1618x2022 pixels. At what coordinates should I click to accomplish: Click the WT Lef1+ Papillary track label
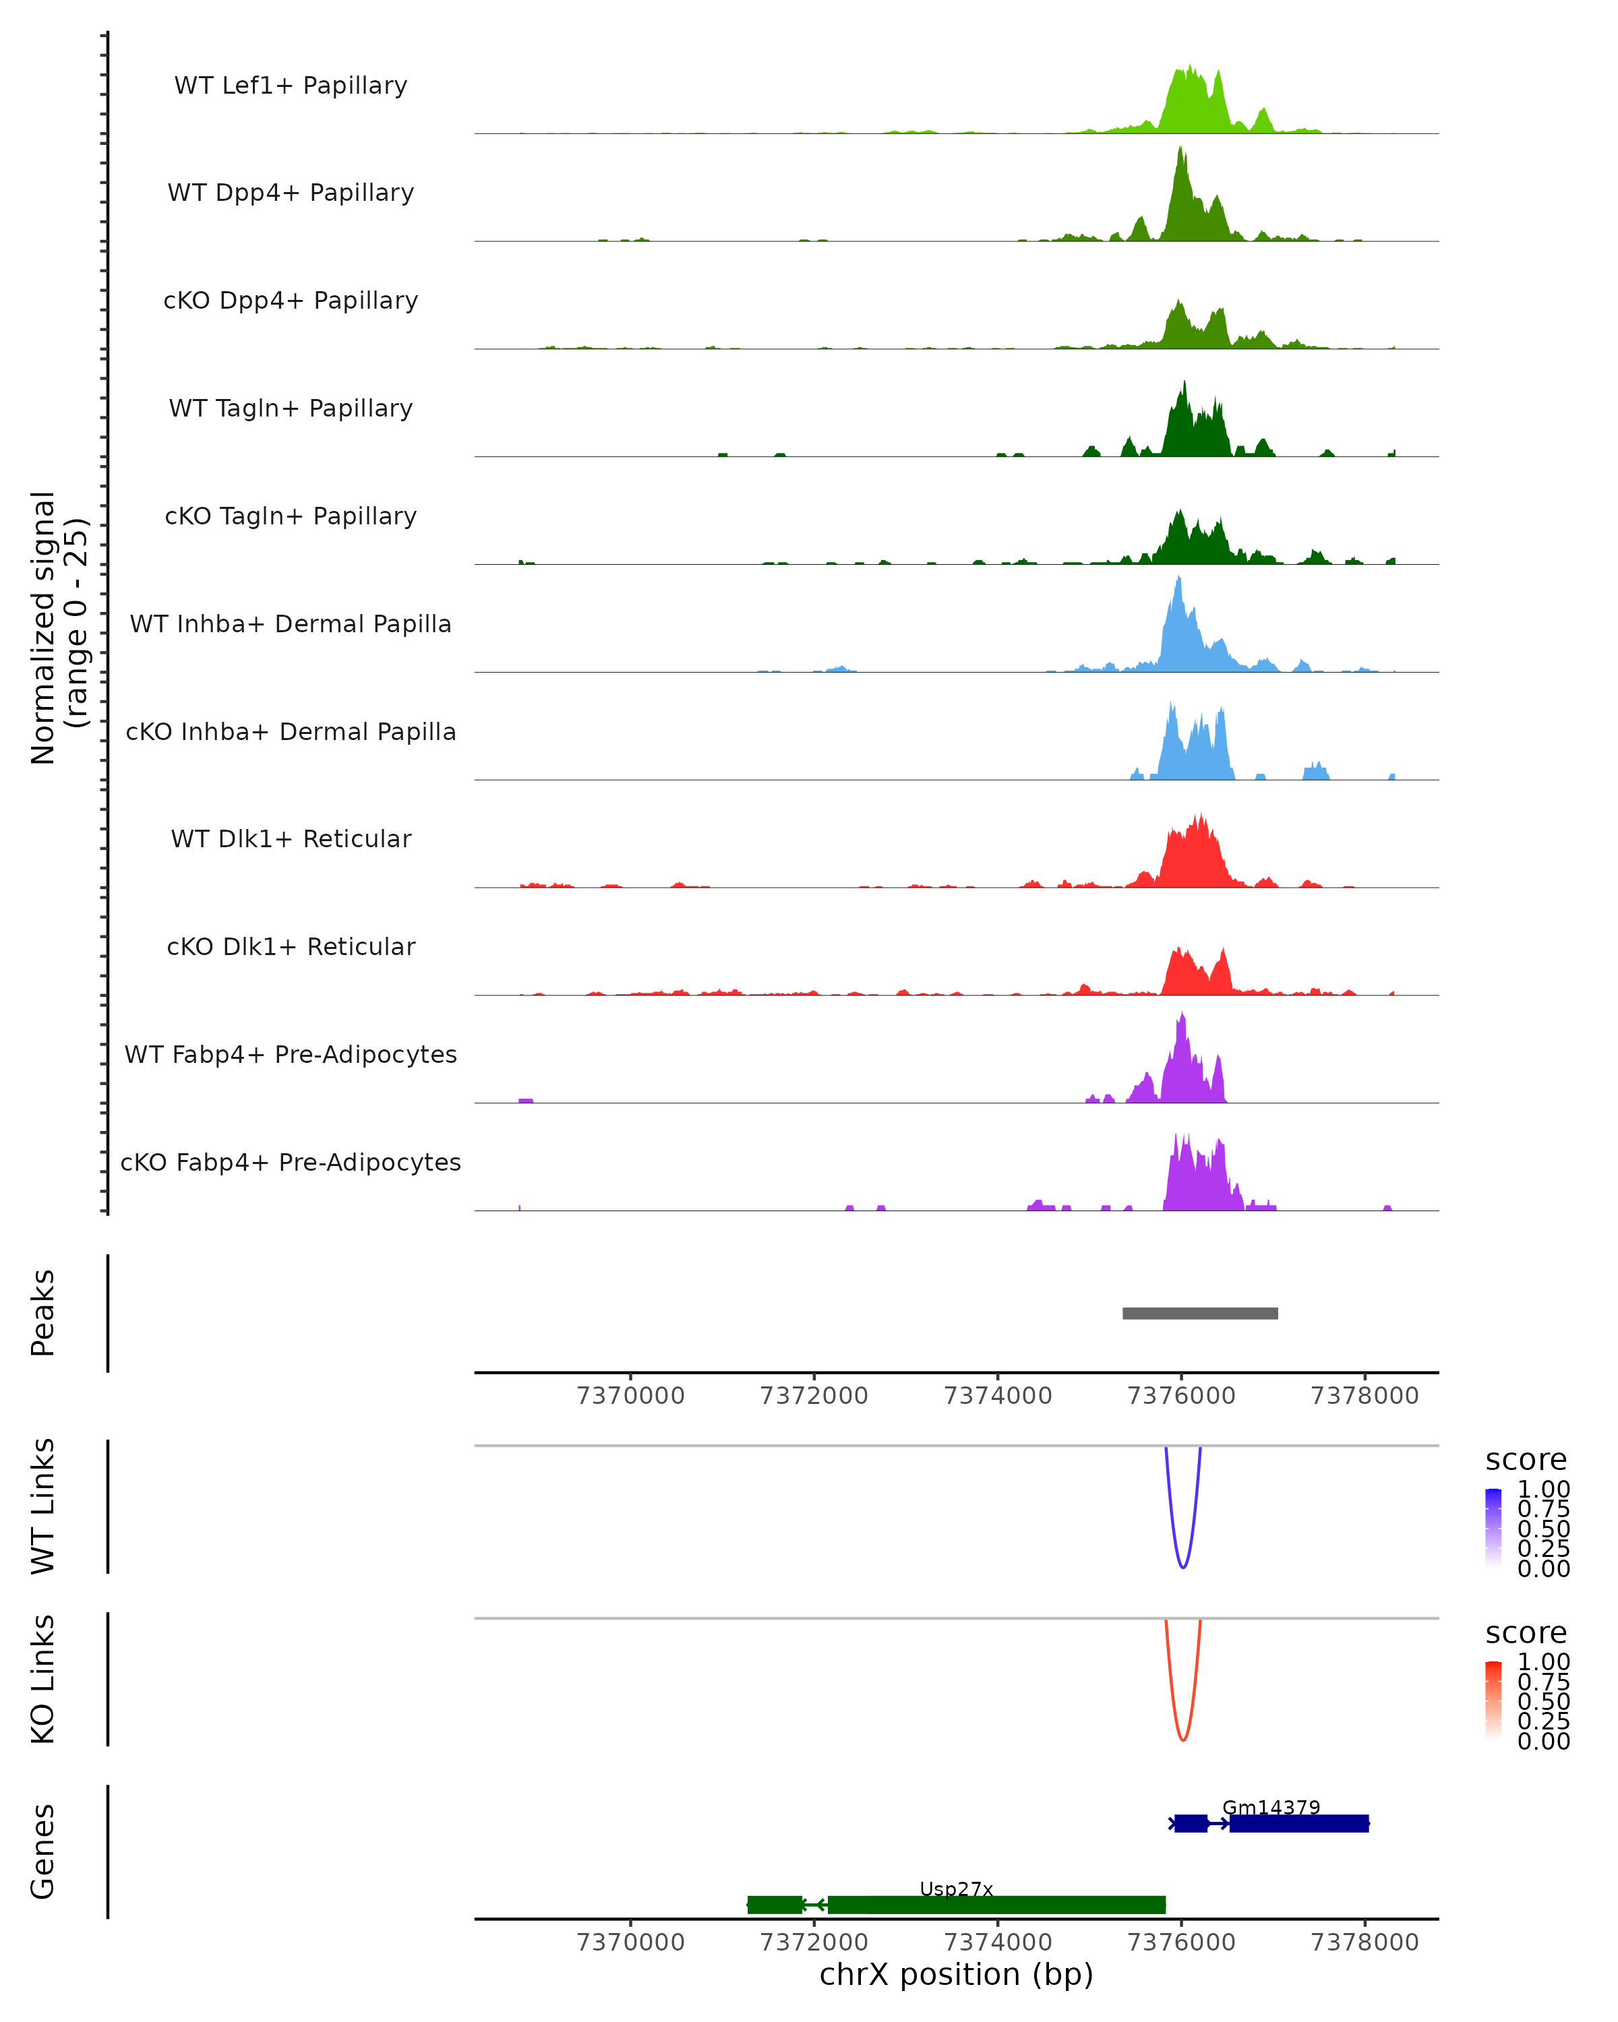[291, 86]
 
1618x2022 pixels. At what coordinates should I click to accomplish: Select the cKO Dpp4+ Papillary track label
[291, 301]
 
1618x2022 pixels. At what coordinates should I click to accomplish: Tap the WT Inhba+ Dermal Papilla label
[291, 625]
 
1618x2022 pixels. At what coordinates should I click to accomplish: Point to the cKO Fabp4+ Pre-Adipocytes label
[291, 1163]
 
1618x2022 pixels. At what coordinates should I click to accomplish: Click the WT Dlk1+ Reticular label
[291, 839]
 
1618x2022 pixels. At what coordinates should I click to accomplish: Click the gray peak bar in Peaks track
[1199, 1314]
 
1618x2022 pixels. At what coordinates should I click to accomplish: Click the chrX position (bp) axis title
[956, 1974]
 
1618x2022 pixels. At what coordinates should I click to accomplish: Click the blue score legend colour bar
[1493, 1528]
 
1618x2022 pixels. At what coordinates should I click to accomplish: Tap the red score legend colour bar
[1493, 1701]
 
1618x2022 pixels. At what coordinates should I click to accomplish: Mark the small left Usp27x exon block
[775, 1905]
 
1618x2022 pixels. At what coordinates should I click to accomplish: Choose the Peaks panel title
[43, 1313]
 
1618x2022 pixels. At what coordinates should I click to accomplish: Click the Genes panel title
[43, 1851]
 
